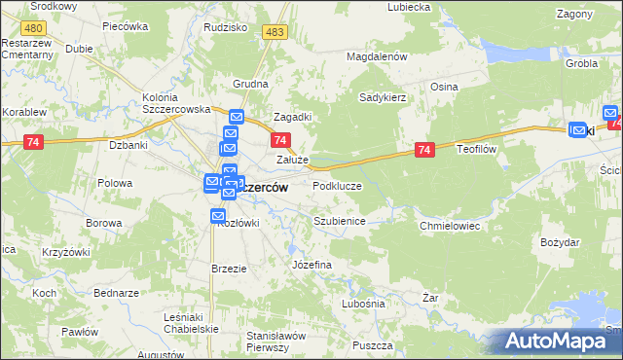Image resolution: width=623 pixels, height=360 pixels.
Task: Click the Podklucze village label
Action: (336, 185)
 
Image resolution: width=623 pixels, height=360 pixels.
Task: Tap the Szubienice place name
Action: (339, 221)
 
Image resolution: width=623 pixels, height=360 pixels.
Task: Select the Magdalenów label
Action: (376, 57)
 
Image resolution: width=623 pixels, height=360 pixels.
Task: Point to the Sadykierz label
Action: (383, 98)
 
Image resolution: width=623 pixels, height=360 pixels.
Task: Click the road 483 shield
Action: (275, 33)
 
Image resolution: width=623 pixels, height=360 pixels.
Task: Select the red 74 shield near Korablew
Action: (34, 142)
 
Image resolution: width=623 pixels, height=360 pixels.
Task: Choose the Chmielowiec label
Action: (450, 225)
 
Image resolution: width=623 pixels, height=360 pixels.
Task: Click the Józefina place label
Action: (312, 265)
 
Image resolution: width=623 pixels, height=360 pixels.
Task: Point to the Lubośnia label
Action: (363, 304)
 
